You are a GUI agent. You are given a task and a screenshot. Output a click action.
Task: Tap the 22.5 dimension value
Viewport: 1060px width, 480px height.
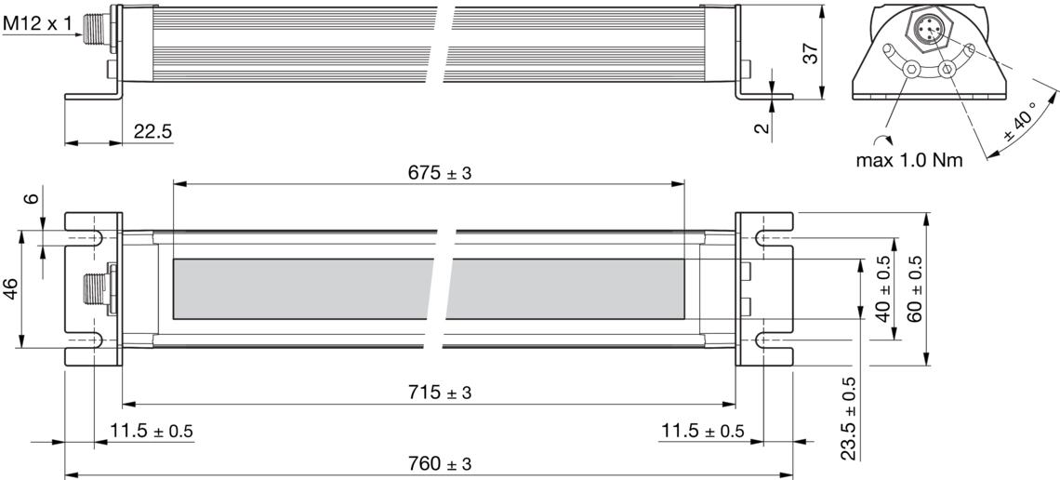[152, 132]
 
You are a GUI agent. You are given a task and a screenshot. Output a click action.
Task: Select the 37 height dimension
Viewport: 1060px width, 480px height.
[810, 52]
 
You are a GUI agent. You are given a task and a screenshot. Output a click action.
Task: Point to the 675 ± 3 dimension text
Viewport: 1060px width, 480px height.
[440, 173]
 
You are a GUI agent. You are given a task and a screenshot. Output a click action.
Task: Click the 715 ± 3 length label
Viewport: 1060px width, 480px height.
[440, 392]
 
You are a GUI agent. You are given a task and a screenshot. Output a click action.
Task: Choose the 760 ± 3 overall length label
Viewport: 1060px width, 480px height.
[440, 464]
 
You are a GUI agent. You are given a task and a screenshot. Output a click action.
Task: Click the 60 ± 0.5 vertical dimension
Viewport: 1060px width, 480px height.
[915, 288]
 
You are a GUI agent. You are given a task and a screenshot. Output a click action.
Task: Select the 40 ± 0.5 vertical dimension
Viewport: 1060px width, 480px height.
[883, 288]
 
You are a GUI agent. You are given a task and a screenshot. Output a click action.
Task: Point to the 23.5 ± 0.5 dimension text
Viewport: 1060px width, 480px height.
[849, 420]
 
